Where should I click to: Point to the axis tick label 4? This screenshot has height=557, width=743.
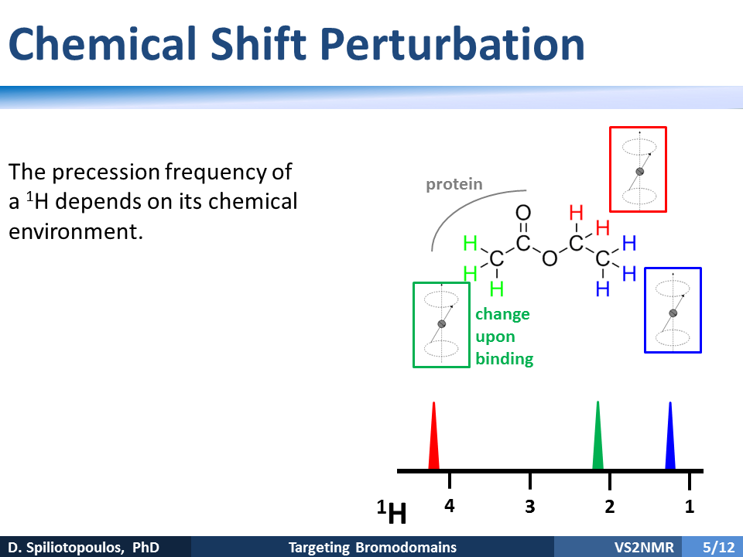450,506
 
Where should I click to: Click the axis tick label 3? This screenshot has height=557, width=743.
529,506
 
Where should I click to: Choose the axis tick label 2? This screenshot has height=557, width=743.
609,506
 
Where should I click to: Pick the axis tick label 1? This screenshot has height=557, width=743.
690,506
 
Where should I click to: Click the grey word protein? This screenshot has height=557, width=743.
454,184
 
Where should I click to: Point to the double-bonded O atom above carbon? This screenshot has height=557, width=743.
523,213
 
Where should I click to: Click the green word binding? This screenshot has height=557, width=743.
504,359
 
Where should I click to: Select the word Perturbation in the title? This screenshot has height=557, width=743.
452,45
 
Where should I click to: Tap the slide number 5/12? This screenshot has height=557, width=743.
718,548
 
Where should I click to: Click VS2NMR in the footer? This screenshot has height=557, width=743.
644,548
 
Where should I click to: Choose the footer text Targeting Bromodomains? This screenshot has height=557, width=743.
372,548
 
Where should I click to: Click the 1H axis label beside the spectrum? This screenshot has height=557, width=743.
392,511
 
